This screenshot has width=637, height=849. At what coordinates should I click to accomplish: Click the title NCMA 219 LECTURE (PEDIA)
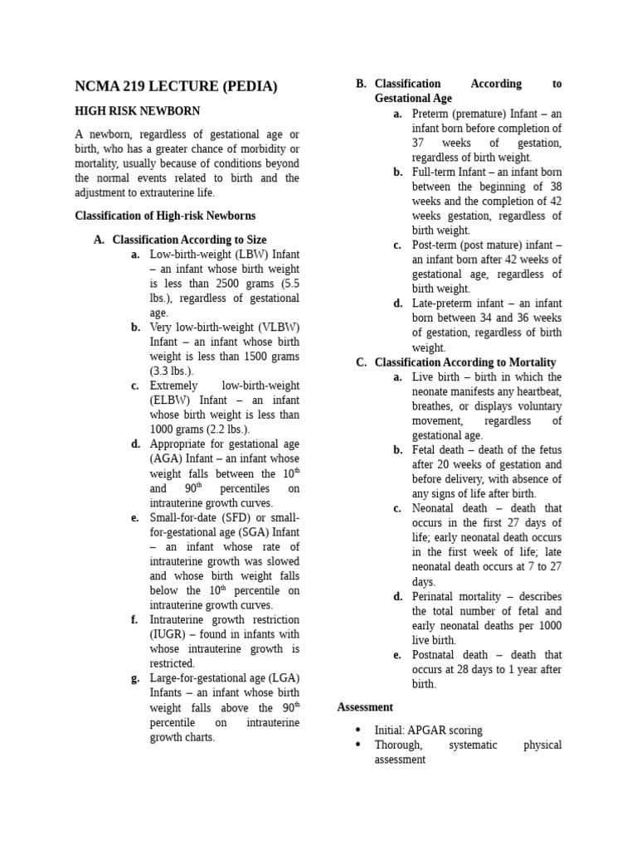tap(176, 86)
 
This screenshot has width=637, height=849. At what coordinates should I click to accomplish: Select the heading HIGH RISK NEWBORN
tap(137, 111)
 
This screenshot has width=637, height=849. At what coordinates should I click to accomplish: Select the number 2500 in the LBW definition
tap(228, 284)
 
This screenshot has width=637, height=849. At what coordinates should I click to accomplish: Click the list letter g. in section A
tap(135, 678)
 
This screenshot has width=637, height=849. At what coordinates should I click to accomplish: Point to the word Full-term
tap(434, 172)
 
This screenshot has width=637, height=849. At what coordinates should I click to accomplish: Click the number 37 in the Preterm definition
tap(419, 143)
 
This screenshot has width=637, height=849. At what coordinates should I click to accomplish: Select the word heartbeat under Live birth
tap(538, 391)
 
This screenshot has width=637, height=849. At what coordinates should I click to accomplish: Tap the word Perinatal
tap(436, 596)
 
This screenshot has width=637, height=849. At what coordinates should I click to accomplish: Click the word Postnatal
tap(436, 655)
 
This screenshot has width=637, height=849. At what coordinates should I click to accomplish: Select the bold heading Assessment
tap(365, 707)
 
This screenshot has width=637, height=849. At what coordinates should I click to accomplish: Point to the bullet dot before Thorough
tap(357, 745)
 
